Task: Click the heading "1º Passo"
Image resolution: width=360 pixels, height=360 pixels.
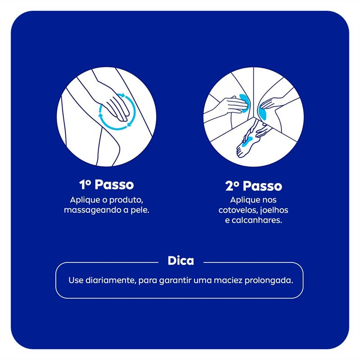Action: tap(106, 185)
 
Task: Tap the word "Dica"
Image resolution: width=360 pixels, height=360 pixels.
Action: tap(180, 261)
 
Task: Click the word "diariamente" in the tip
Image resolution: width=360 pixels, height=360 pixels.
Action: tap(110, 280)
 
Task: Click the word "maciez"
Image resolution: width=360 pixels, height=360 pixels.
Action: tap(229, 280)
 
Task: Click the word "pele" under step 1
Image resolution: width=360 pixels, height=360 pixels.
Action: tap(139, 210)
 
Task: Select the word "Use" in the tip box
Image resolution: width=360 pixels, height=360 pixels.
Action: tap(75, 280)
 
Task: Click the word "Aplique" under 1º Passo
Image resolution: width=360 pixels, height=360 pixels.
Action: tap(84, 199)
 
